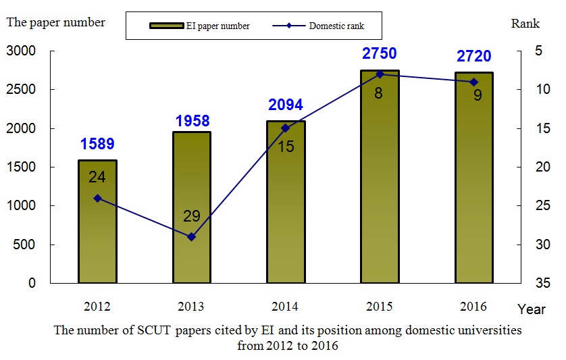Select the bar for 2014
tap(286, 202)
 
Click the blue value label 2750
tap(379, 53)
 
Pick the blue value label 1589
tap(97, 144)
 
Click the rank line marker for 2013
tap(191, 236)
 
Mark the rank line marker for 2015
tap(380, 74)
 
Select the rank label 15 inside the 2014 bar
tap(286, 146)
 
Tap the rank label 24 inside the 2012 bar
tap(97, 177)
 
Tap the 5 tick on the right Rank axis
tap(540, 51)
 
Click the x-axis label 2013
tap(191, 306)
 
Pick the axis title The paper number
tap(56, 22)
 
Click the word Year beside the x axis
tap(531, 309)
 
